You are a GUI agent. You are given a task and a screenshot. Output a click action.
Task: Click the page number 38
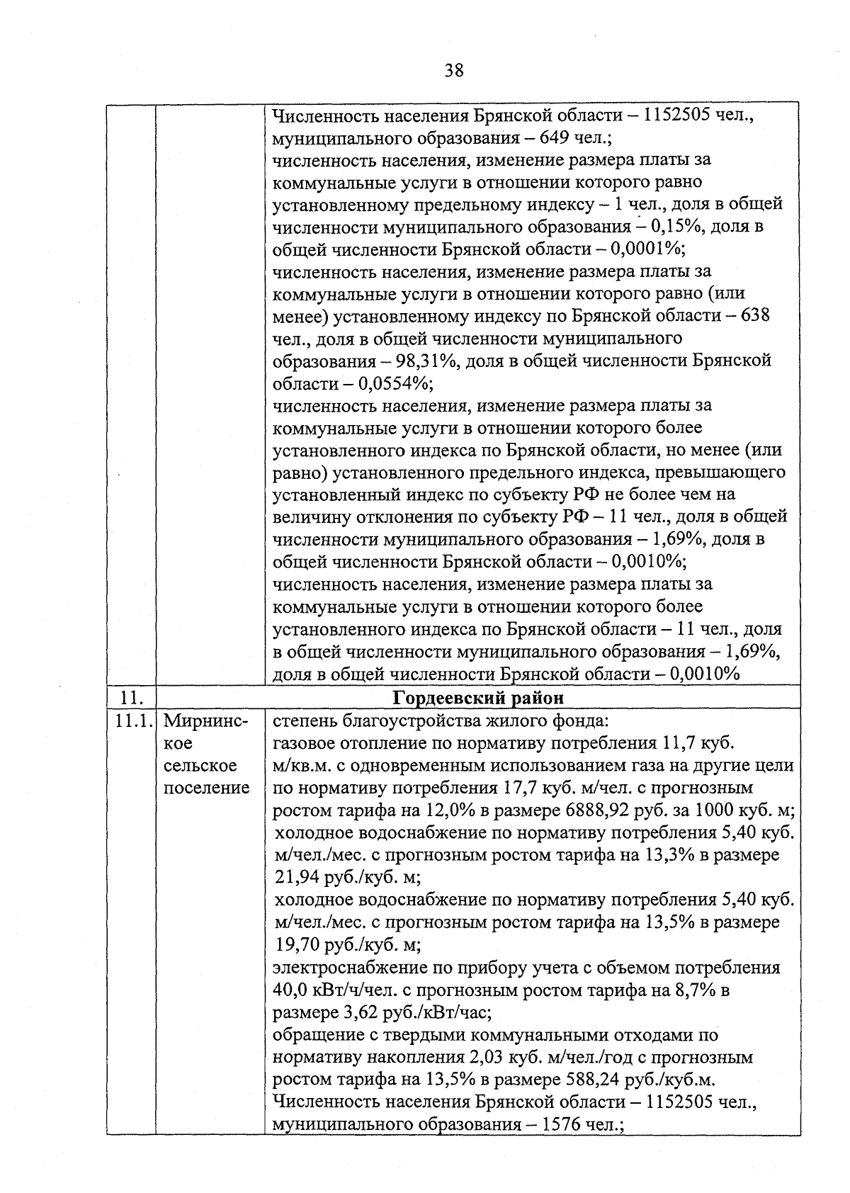click(454, 70)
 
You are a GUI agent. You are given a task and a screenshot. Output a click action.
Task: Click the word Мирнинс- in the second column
click(205, 721)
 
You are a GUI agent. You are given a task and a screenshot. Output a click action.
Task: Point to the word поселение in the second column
click(206, 788)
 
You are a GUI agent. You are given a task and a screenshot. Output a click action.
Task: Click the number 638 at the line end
click(754, 316)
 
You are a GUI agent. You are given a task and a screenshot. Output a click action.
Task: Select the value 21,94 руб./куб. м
click(346, 878)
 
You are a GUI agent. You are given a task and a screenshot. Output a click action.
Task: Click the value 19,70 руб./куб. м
click(346, 945)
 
